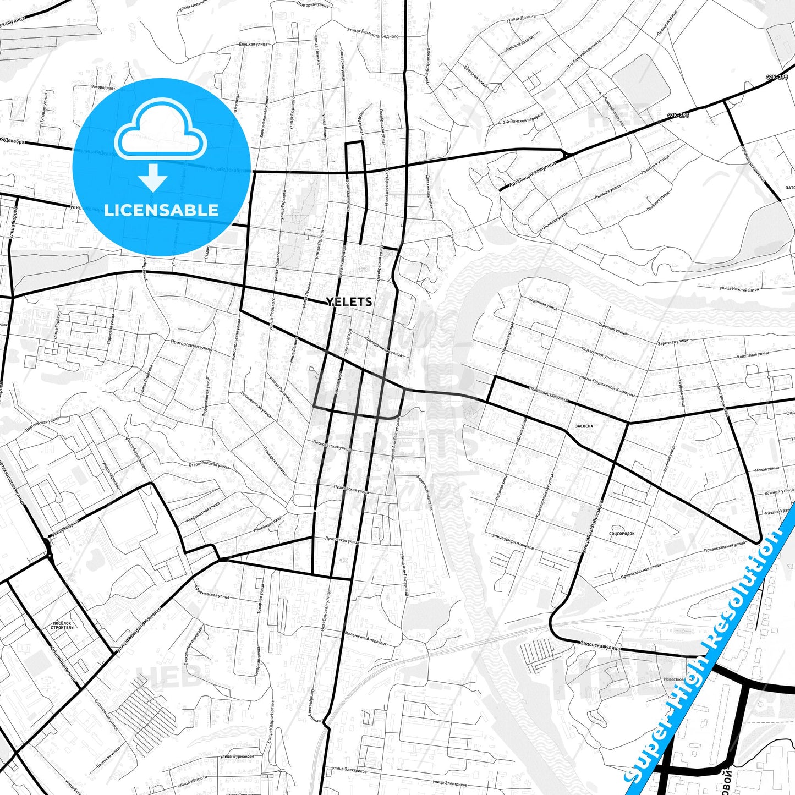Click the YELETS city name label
pyautogui.click(x=349, y=301)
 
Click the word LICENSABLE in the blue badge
pyautogui.click(x=161, y=210)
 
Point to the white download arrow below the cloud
pyautogui.click(x=152, y=177)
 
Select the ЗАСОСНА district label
pyautogui.click(x=584, y=426)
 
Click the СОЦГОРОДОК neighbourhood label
pyautogui.click(x=622, y=534)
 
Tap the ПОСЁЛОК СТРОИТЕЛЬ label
pyautogui.click(x=62, y=625)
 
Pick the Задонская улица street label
pyautogui.click(x=601, y=645)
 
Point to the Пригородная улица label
pyautogui.click(x=191, y=345)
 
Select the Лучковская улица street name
pyautogui.click(x=342, y=541)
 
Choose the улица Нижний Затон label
pyautogui.click(x=739, y=288)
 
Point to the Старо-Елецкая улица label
pyautogui.click(x=209, y=465)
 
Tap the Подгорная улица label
pyautogui.click(x=312, y=4)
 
